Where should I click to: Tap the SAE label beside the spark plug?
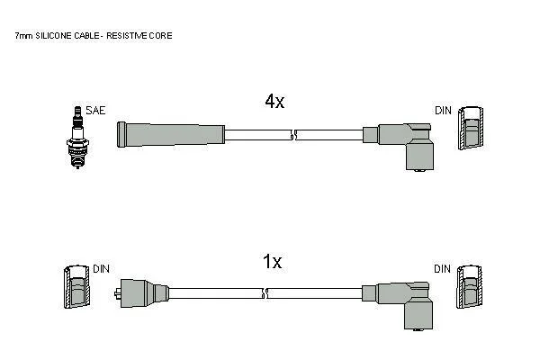94,111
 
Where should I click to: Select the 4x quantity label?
274,102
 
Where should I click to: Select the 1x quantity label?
272,262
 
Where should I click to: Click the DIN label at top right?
443,111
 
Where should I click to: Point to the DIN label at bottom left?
102,269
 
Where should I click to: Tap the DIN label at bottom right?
443,269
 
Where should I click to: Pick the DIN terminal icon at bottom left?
76,289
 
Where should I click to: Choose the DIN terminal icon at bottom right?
469,289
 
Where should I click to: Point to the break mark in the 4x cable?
293,136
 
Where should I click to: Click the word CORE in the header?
163,36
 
